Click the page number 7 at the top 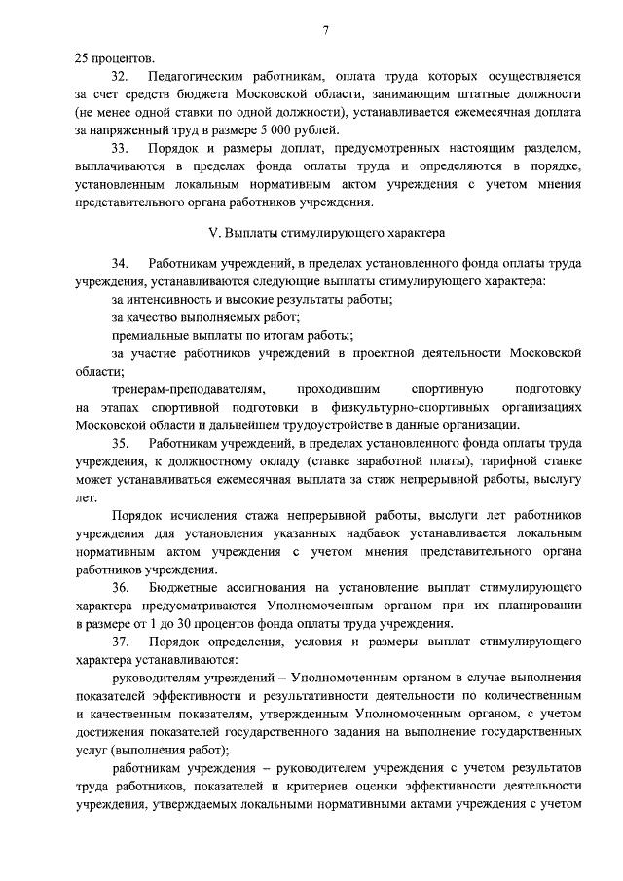(x=326, y=30)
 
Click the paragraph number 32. (x=120, y=75)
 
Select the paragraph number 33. (x=120, y=149)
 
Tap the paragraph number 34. (x=120, y=263)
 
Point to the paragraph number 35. (x=120, y=443)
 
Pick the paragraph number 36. (x=120, y=588)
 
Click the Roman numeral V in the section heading (x=214, y=233)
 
